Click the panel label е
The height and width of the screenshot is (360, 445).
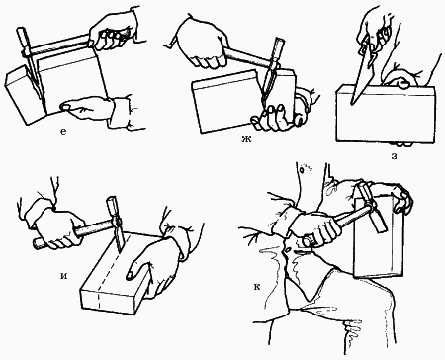pyautogui.click(x=63, y=132)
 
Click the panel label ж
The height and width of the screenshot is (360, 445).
pyautogui.click(x=246, y=139)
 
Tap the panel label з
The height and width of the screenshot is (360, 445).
pyautogui.click(x=394, y=156)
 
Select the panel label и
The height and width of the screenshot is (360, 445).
pyautogui.click(x=64, y=276)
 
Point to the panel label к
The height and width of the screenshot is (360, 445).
pyautogui.click(x=257, y=287)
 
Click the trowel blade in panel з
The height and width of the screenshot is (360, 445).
pyautogui.click(x=362, y=76)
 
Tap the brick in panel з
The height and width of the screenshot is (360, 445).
pyautogui.click(x=386, y=114)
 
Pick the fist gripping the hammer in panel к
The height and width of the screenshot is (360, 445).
pyautogui.click(x=316, y=227)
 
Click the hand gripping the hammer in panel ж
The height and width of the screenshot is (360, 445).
pyautogui.click(x=201, y=43)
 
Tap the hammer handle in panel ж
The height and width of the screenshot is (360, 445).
pyautogui.click(x=246, y=56)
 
